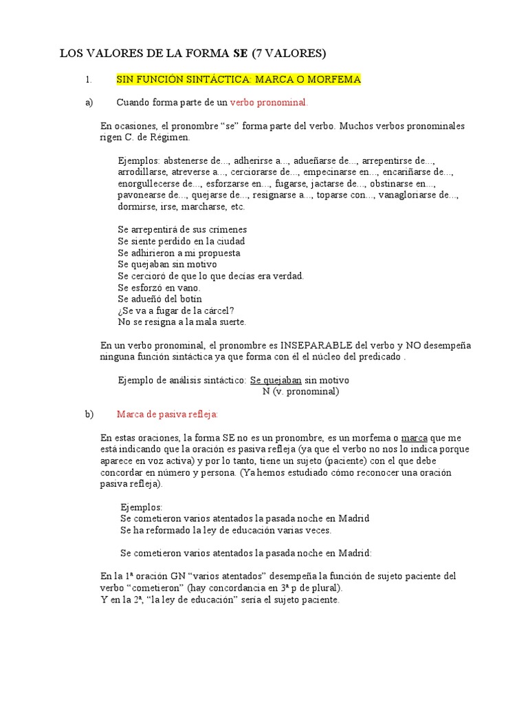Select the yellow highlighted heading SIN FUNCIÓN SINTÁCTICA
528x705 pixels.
[x=239, y=79]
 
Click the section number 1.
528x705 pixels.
[x=88, y=79]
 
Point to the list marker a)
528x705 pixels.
[x=89, y=103]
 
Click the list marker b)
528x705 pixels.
[x=89, y=414]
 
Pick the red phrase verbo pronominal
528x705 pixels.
[x=269, y=103]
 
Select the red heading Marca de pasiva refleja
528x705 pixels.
[x=168, y=414]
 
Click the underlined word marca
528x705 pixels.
[x=415, y=438]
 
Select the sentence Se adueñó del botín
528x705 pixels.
[x=160, y=299]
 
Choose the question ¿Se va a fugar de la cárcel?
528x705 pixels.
[x=176, y=311]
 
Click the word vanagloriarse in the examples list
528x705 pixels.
[x=419, y=196]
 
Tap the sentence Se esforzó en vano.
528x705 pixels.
[x=159, y=287]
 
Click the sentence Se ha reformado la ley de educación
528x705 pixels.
[x=225, y=530]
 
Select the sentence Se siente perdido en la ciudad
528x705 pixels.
[x=181, y=241]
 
